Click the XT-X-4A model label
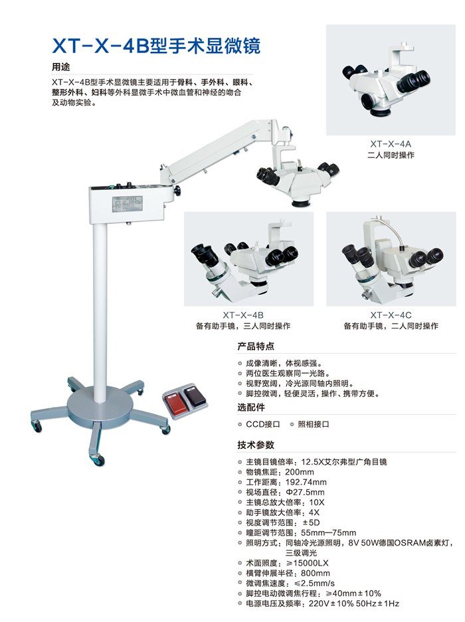coord(391,144)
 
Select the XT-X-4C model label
coord(391,315)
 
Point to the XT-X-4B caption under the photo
coord(243,315)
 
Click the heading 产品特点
coord(256,347)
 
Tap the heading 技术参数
coord(256,445)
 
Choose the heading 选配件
coord(251,408)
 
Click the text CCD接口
coord(263,424)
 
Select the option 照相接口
coord(314,424)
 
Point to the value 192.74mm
coord(306,483)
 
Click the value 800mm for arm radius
coord(316,573)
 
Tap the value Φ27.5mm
coord(305,493)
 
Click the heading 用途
coord(60,67)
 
